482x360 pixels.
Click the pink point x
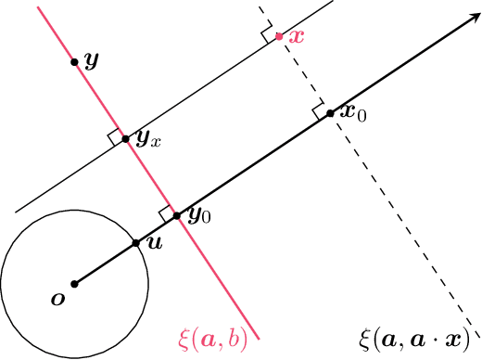click(279, 38)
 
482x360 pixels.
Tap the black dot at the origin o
click(74, 284)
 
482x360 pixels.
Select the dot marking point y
click(74, 62)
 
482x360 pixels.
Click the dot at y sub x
click(126, 143)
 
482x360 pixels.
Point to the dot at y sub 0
click(177, 215)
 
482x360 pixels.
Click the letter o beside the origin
click(58, 299)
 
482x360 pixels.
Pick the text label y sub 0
click(199, 216)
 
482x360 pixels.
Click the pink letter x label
click(297, 35)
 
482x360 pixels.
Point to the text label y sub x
click(149, 139)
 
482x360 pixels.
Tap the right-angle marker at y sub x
click(115, 139)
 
